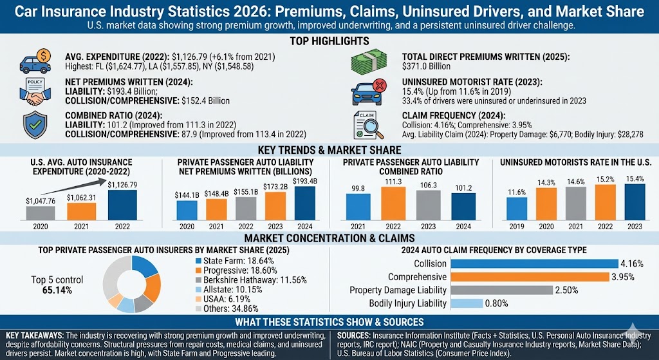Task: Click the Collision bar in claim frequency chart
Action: pos(534,263)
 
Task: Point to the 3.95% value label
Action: pos(624,277)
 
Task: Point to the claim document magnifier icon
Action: pos(370,124)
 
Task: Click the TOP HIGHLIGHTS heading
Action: pos(329,41)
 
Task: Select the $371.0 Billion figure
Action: pos(425,66)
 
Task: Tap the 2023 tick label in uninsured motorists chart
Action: pos(634,227)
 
